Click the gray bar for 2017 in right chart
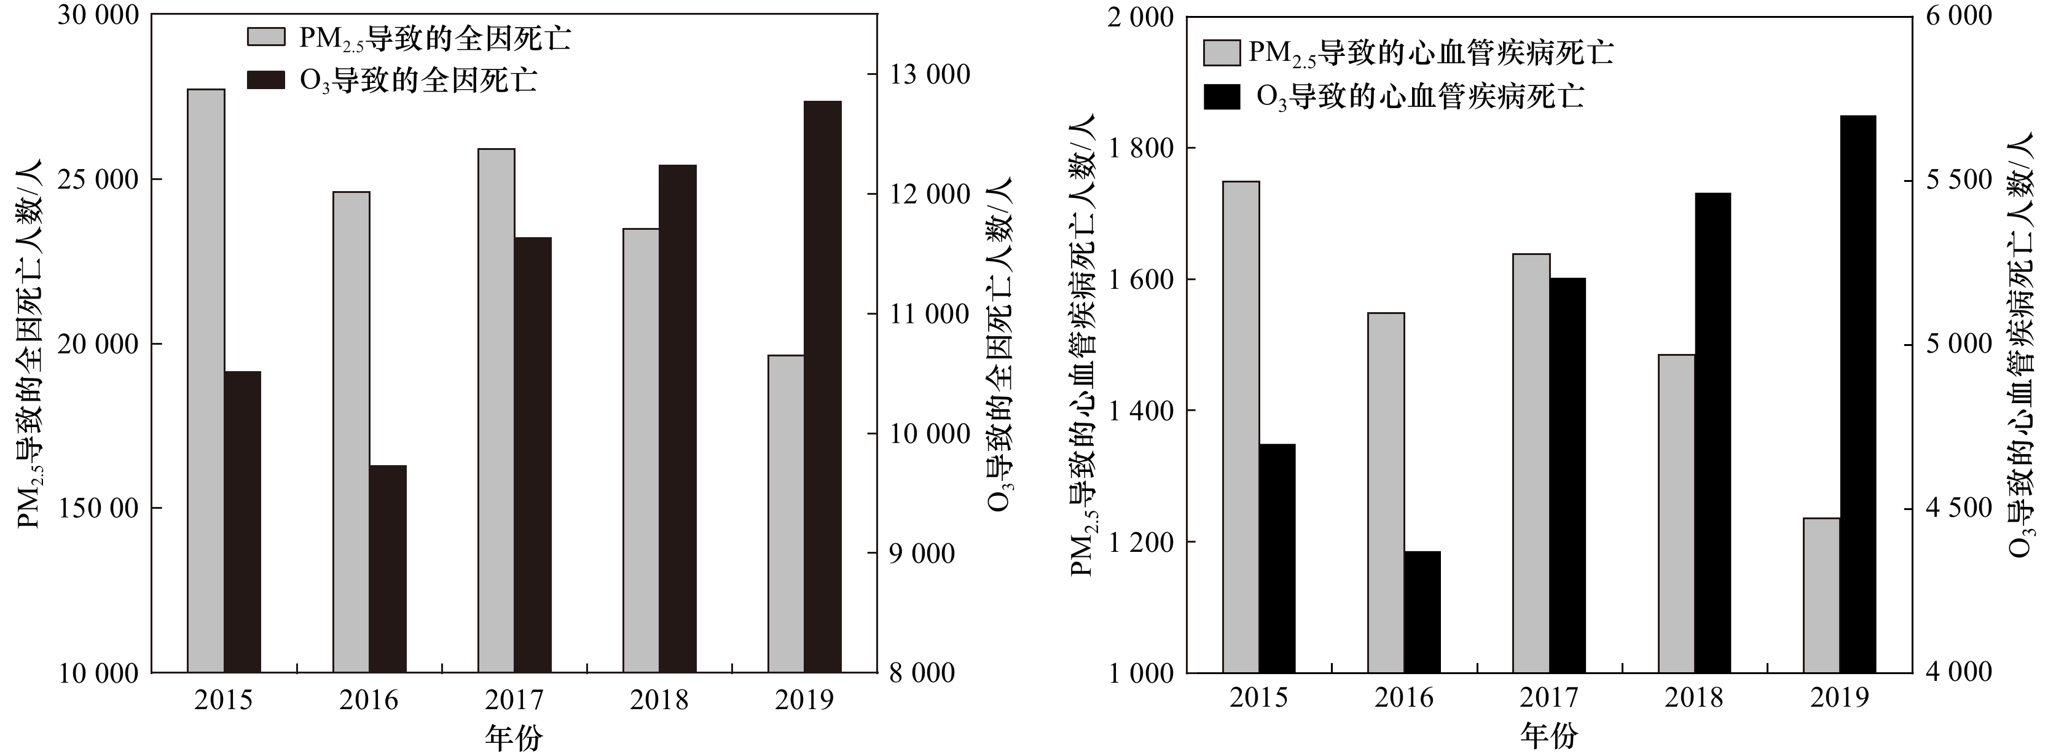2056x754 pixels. point(1531,463)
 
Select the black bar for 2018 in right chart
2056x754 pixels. point(1713,433)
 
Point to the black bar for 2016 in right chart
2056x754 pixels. point(1422,611)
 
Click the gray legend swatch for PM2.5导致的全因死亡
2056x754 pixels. point(266,37)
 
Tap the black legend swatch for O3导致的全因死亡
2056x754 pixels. point(266,80)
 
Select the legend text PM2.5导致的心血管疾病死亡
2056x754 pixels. point(1430,53)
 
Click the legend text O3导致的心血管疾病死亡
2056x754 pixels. point(1420,96)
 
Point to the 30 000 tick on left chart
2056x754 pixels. point(98,16)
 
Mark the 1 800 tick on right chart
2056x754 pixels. point(1137,149)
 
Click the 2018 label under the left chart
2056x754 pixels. point(659,700)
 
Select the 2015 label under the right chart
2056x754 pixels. point(1258,697)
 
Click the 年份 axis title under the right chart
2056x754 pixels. point(1549,735)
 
